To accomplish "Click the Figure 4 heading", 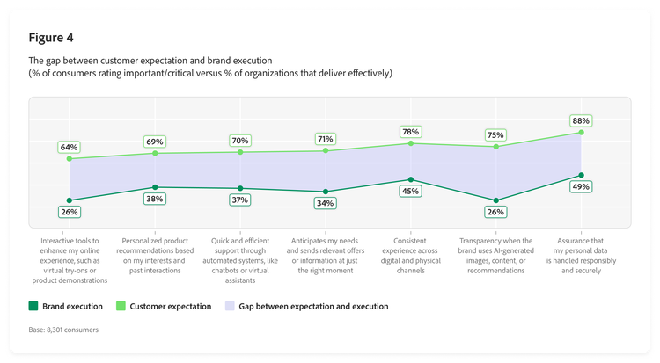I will point(52,38).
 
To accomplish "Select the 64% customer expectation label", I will point(70,147).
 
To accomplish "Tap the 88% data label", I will point(581,120).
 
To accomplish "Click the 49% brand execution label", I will point(581,187).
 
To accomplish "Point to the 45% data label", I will point(410,191).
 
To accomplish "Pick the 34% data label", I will point(325,203).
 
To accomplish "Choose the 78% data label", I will point(410,132).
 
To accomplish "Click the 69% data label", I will point(155,142).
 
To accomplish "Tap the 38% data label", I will point(155,199).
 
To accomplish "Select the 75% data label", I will point(495,135).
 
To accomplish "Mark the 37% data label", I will point(239,200).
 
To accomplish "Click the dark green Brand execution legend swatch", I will point(34,307).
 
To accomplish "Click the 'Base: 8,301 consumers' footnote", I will point(63,330).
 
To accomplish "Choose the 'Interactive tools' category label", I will point(70,259).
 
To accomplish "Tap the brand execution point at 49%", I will point(581,175).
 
